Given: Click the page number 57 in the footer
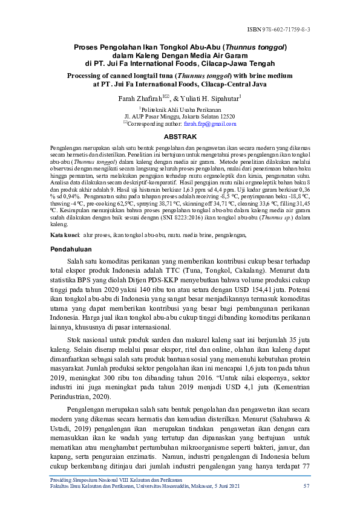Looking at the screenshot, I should (x=307, y=485).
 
